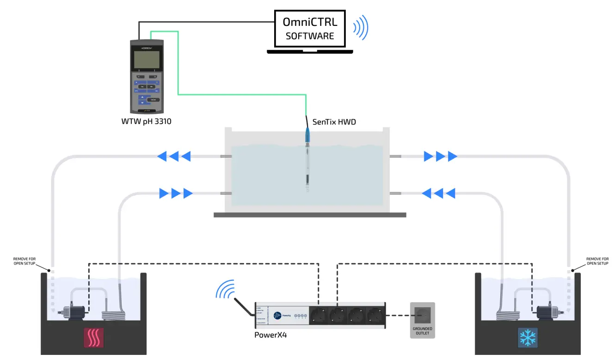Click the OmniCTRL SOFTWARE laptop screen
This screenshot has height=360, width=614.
point(309,29)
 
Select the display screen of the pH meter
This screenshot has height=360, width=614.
point(146,60)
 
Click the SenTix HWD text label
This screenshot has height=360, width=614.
point(334,122)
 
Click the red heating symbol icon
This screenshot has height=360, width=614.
point(94,338)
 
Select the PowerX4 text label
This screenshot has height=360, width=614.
point(270,335)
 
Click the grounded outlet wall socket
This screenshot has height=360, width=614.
point(423,315)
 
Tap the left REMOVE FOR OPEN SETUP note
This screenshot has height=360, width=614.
point(24,261)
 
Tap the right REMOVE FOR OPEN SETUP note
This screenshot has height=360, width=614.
point(597,261)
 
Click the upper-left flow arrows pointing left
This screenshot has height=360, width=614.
point(174,156)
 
